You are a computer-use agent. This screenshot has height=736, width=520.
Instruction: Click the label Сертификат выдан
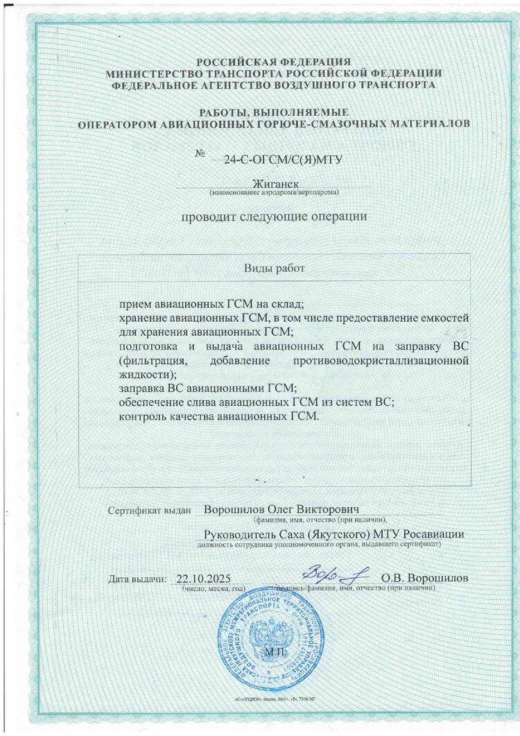click(149, 510)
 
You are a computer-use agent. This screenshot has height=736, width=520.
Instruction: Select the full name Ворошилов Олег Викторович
click(281, 508)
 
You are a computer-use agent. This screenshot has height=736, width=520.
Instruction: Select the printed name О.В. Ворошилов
click(424, 578)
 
